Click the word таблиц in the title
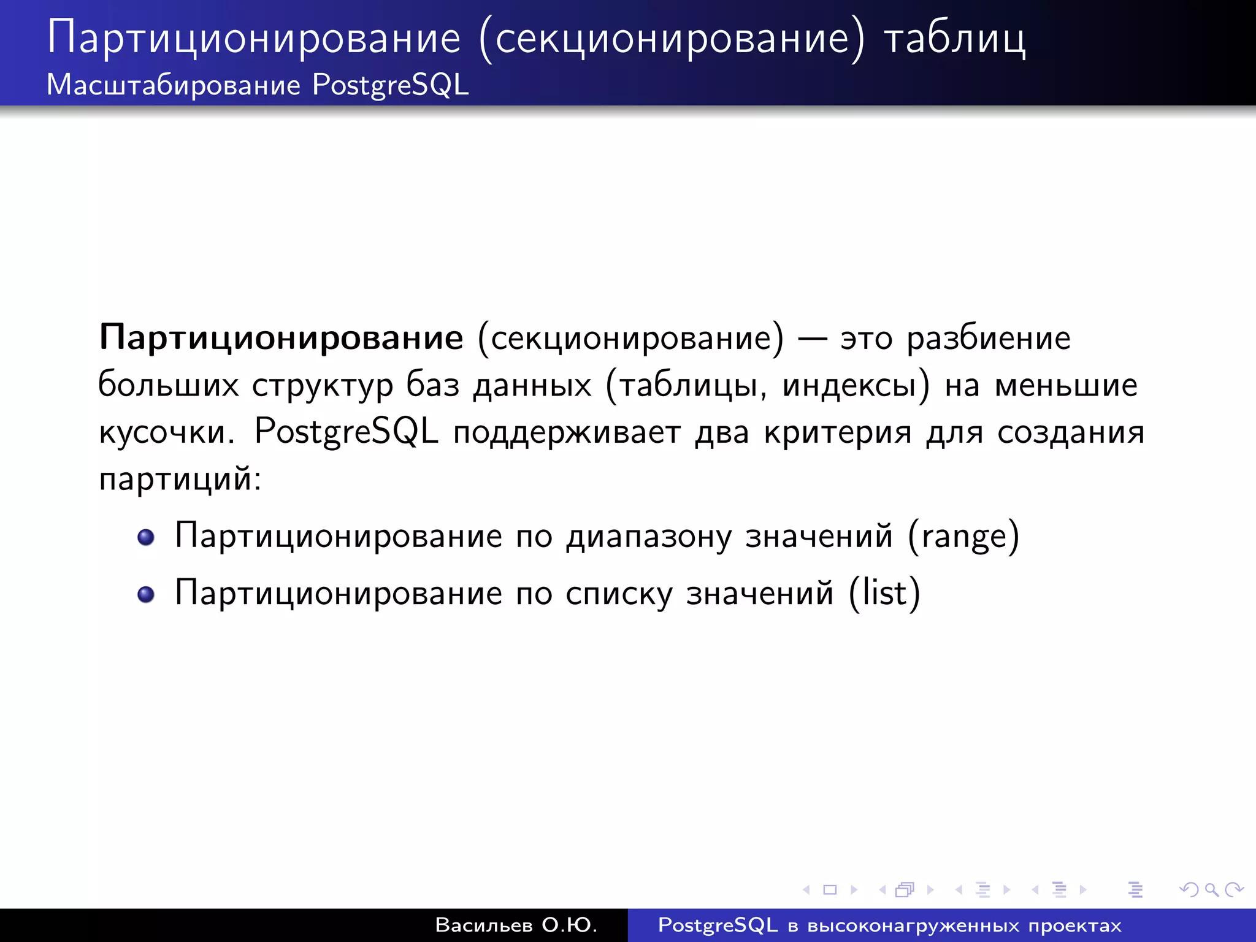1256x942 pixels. pos(954,38)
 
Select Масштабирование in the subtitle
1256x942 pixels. pos(174,85)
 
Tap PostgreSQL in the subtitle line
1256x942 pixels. pos(390,85)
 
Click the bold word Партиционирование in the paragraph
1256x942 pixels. pos(281,338)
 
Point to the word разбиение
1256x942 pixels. pos(988,338)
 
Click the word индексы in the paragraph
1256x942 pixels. pos(849,385)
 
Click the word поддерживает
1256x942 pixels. pos(567,432)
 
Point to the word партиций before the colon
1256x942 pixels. pos(175,478)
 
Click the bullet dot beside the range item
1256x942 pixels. pos(146,537)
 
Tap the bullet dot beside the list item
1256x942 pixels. pos(146,594)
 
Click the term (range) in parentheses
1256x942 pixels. pos(963,537)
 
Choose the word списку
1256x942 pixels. pos(619,594)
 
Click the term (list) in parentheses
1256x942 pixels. pos(884,593)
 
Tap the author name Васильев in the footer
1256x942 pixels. pos(484,925)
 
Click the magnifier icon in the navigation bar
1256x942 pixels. pos(1211,889)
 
